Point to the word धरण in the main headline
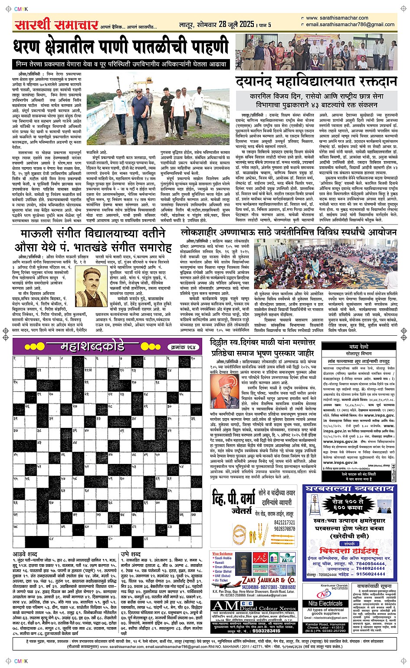coord(32,46)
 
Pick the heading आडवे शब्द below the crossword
coord(25,554)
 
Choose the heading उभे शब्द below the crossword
coord(131,554)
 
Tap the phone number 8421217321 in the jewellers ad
coord(285,522)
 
